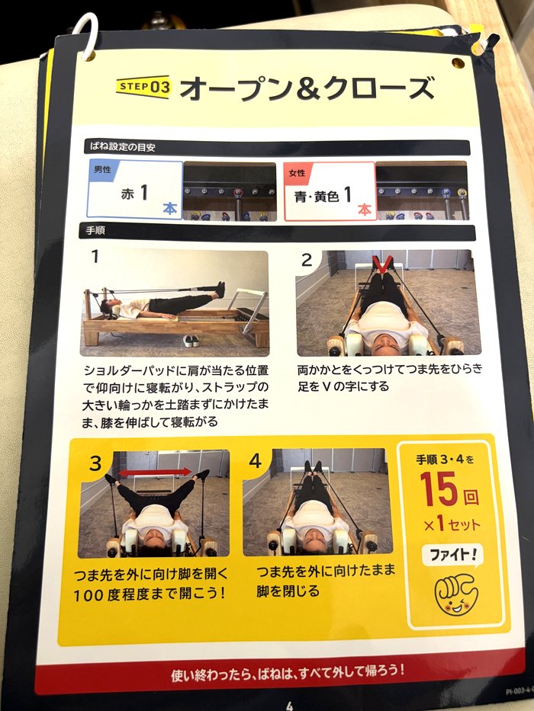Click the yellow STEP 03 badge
143,87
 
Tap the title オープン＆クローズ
306,88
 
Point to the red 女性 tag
296,172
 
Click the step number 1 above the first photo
95,257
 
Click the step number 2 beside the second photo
307,260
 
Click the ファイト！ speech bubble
452,555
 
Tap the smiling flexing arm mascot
455,593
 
